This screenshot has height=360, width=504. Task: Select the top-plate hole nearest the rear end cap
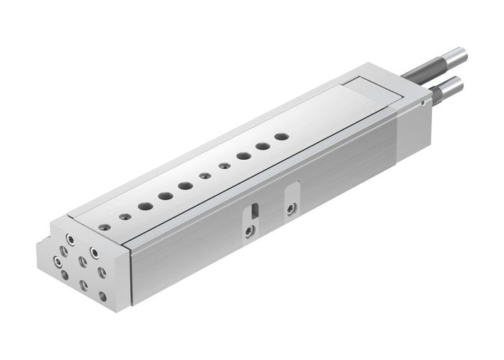click(282, 135)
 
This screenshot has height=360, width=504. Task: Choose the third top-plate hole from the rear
click(243, 155)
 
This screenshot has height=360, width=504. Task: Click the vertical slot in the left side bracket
click(253, 211)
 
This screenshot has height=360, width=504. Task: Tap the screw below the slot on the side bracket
click(248, 231)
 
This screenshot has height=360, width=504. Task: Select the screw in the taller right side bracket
click(291, 209)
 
